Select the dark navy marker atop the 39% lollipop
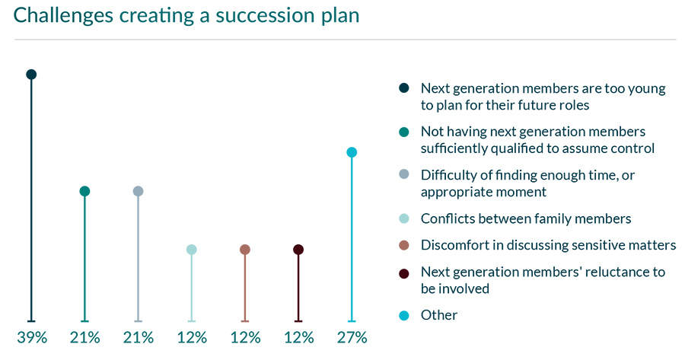point(31,75)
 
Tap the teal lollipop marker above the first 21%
point(84,191)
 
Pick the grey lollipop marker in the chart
point(138,191)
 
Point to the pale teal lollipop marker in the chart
point(192,250)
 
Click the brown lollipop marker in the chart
point(245,250)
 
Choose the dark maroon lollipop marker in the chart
point(298,250)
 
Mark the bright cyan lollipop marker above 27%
point(352,152)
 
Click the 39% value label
point(31,338)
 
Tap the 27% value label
point(352,338)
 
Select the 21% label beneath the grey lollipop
point(138,338)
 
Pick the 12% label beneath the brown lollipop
point(245,338)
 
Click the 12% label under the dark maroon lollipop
point(298,338)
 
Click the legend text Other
point(439,315)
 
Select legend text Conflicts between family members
point(526,219)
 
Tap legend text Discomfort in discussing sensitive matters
point(548,245)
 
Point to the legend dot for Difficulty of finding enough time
point(404,175)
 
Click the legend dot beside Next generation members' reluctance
point(404,272)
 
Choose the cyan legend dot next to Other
point(404,315)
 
